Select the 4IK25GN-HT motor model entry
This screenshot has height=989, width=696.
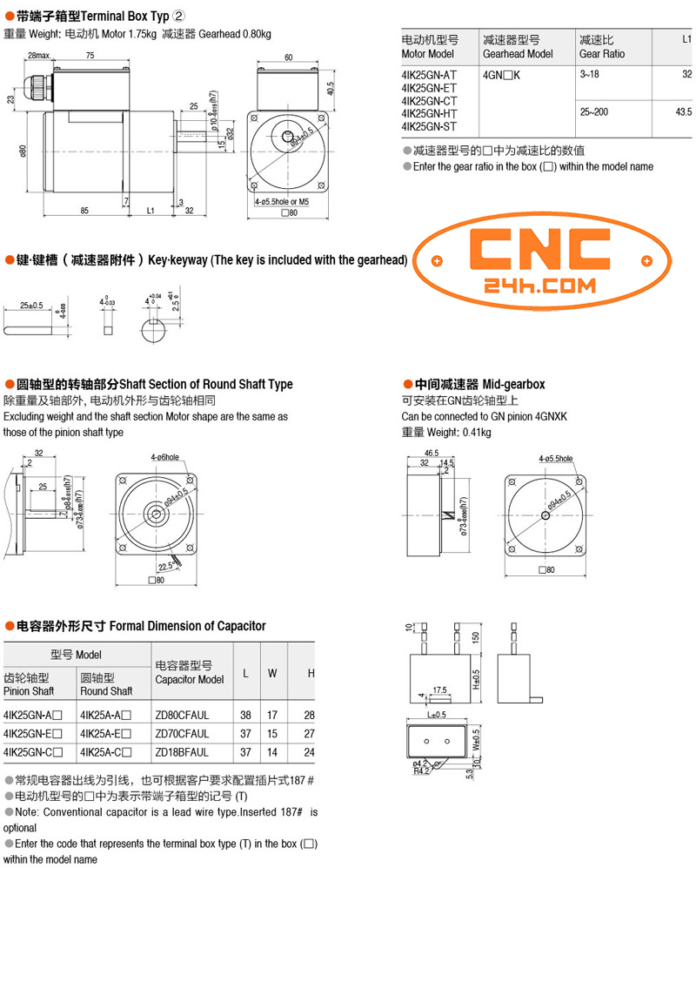429,112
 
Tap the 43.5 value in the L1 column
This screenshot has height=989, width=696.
682,112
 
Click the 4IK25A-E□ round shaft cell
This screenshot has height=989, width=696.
105,733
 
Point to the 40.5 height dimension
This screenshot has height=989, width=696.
330,89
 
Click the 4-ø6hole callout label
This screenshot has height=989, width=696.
164,457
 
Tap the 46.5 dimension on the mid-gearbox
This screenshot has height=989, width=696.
431,454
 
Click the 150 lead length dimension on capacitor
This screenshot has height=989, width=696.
476,637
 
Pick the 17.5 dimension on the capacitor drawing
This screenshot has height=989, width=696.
440,690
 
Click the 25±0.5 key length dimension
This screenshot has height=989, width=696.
30,306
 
